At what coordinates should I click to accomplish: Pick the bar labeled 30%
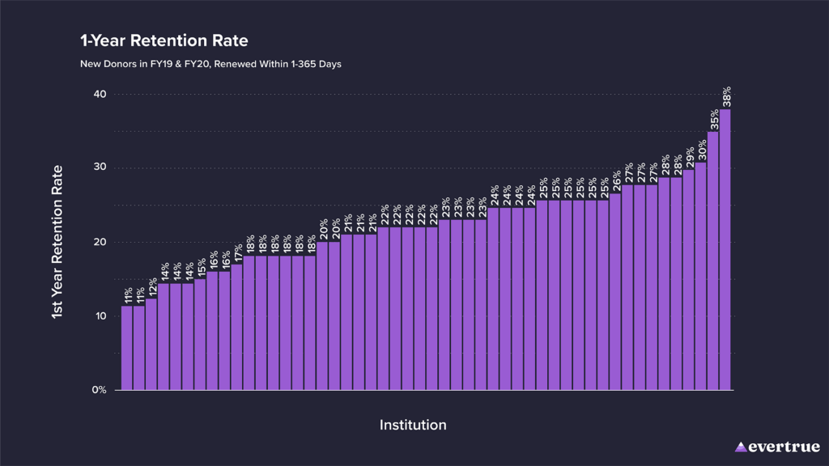coord(701,276)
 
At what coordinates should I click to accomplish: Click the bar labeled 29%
coord(689,280)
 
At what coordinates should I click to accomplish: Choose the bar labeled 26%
coord(615,291)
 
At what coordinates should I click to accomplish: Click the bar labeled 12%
coord(151,344)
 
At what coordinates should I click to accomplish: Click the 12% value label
coord(152,287)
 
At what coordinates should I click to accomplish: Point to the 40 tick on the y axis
coord(100,95)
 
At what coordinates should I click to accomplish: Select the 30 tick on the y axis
coord(100,168)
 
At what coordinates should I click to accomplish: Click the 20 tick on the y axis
coord(100,243)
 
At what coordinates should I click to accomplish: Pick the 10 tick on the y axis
coord(100,316)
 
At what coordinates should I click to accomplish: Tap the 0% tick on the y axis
coord(99,390)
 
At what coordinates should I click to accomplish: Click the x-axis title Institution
coord(413,425)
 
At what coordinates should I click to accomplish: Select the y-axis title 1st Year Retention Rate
coord(57,242)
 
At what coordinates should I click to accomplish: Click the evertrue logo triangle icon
coord(741,447)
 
